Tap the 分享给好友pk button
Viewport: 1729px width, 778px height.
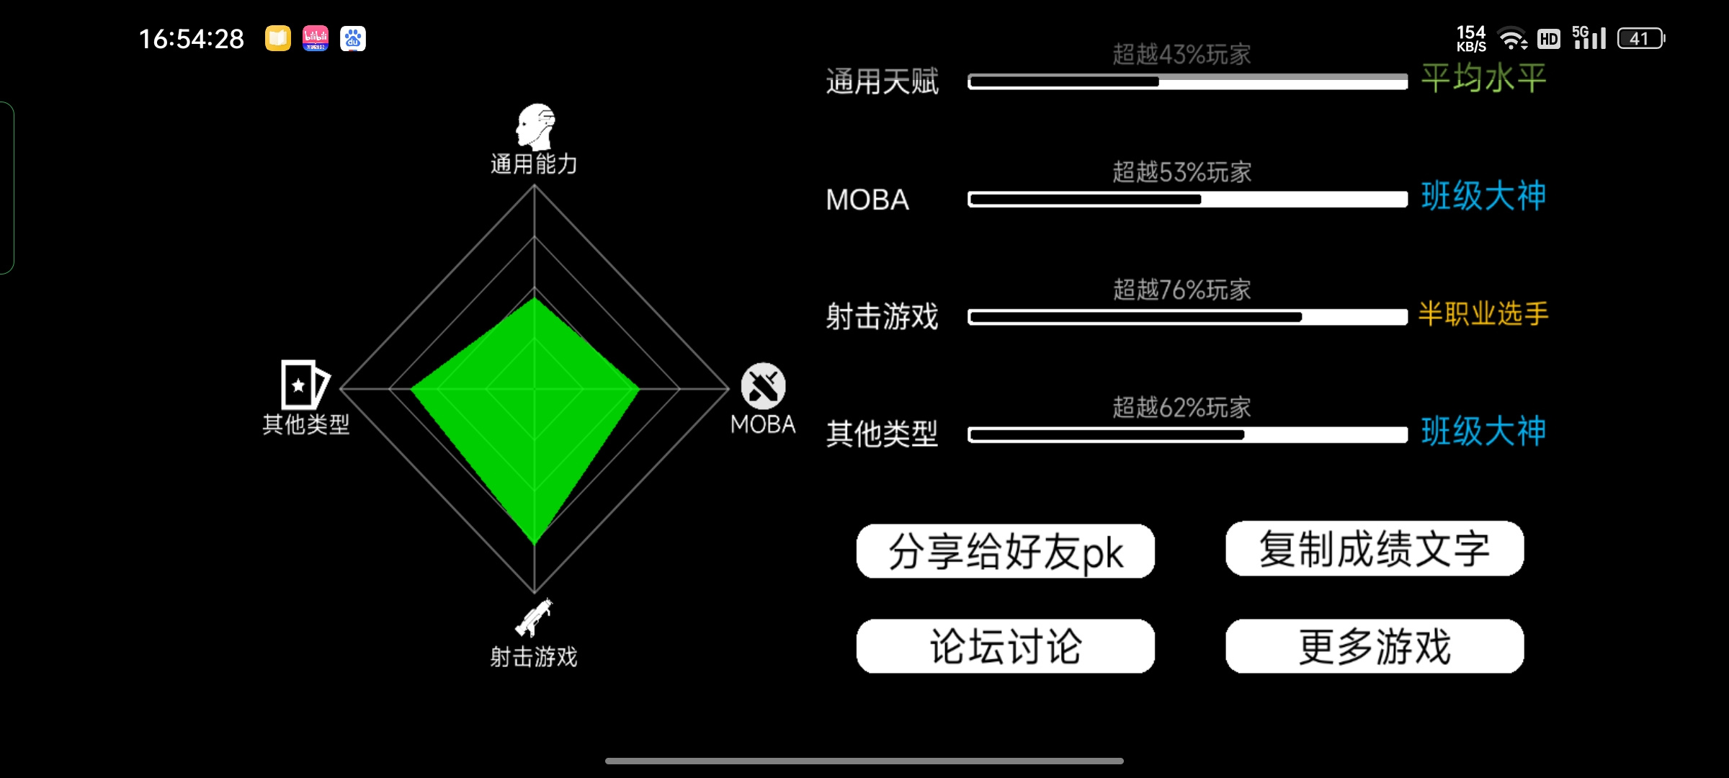[1005, 551]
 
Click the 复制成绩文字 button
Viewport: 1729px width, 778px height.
[1375, 548]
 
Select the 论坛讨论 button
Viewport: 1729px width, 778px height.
[1005, 646]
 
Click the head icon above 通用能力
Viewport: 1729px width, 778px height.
[535, 126]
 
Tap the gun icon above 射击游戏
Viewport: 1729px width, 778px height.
[534, 617]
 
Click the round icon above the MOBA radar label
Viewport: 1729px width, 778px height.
[764, 385]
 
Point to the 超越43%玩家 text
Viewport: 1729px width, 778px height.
[1181, 54]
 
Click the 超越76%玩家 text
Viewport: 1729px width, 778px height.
[1181, 290]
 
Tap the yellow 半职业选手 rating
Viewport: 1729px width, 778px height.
[1483, 313]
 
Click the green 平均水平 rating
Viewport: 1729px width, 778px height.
[1483, 78]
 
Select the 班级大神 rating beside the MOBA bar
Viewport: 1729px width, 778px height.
[1483, 196]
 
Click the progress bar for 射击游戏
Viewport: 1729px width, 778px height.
[1188, 317]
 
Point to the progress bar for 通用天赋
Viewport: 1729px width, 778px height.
[1188, 81]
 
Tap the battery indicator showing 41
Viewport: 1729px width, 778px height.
[1640, 38]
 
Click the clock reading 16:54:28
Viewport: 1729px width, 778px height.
[192, 39]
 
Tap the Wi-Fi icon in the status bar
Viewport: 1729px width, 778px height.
[1512, 38]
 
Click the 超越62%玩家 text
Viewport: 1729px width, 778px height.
[1181, 408]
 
